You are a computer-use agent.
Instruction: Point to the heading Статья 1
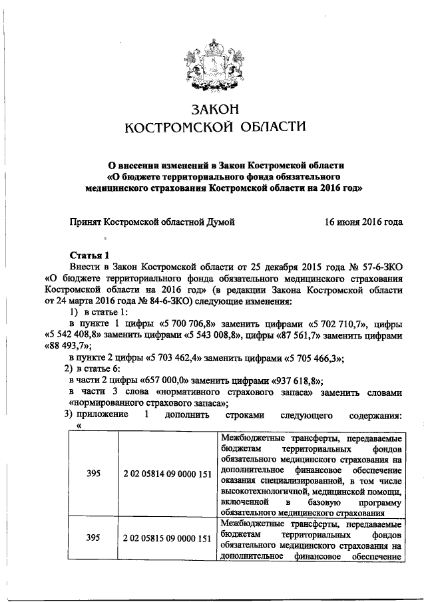pyautogui.click(x=89, y=255)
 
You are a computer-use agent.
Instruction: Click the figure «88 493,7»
pyautogui.click(x=69, y=345)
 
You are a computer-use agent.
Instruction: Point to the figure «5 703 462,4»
pyautogui.click(x=166, y=358)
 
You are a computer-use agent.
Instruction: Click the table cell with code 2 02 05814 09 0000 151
pyautogui.click(x=168, y=474)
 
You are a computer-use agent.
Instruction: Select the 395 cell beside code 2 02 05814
pyautogui.click(x=94, y=474)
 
